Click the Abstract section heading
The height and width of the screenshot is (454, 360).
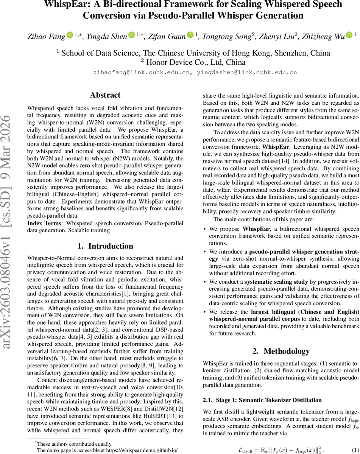pyautogui.click(x=105, y=95)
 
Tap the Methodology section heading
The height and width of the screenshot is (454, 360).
pyautogui.click(x=281, y=351)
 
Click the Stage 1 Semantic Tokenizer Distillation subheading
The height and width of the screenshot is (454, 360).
pyautogui.click(x=262, y=400)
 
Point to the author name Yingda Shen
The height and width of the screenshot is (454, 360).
pyautogui.click(x=107, y=36)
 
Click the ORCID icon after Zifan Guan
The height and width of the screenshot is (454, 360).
pyautogui.click(x=190, y=35)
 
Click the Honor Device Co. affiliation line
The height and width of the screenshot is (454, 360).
pyautogui.click(x=193, y=62)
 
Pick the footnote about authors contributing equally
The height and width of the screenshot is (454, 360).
pyautogui.click(x=75, y=444)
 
